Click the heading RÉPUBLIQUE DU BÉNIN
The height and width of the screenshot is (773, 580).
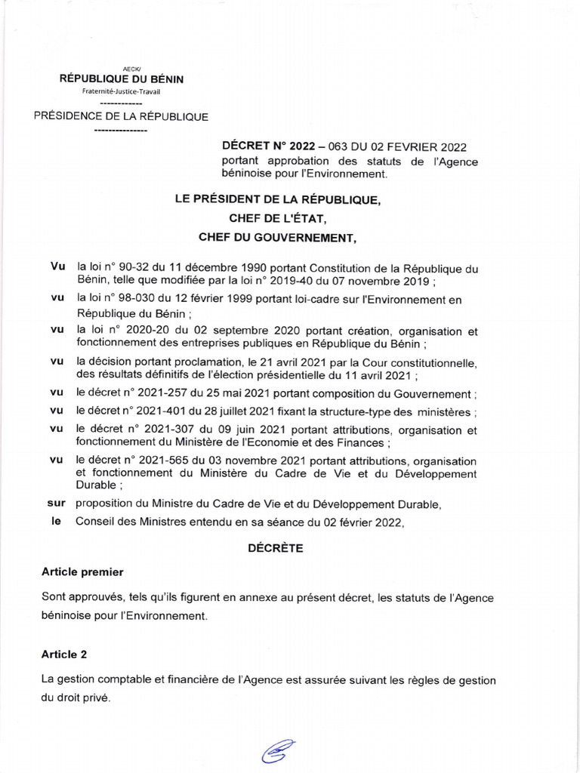click(x=121, y=79)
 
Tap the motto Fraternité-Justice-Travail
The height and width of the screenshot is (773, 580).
click(x=121, y=91)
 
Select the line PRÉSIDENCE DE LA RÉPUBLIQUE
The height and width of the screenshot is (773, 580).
click(x=121, y=116)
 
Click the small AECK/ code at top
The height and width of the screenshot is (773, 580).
click(x=121, y=68)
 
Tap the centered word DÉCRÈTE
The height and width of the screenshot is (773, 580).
click(x=276, y=549)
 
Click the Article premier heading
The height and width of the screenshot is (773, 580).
click(x=82, y=572)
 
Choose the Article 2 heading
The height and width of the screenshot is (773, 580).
click(x=64, y=654)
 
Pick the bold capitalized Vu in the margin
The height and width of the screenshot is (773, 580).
click(x=57, y=267)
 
